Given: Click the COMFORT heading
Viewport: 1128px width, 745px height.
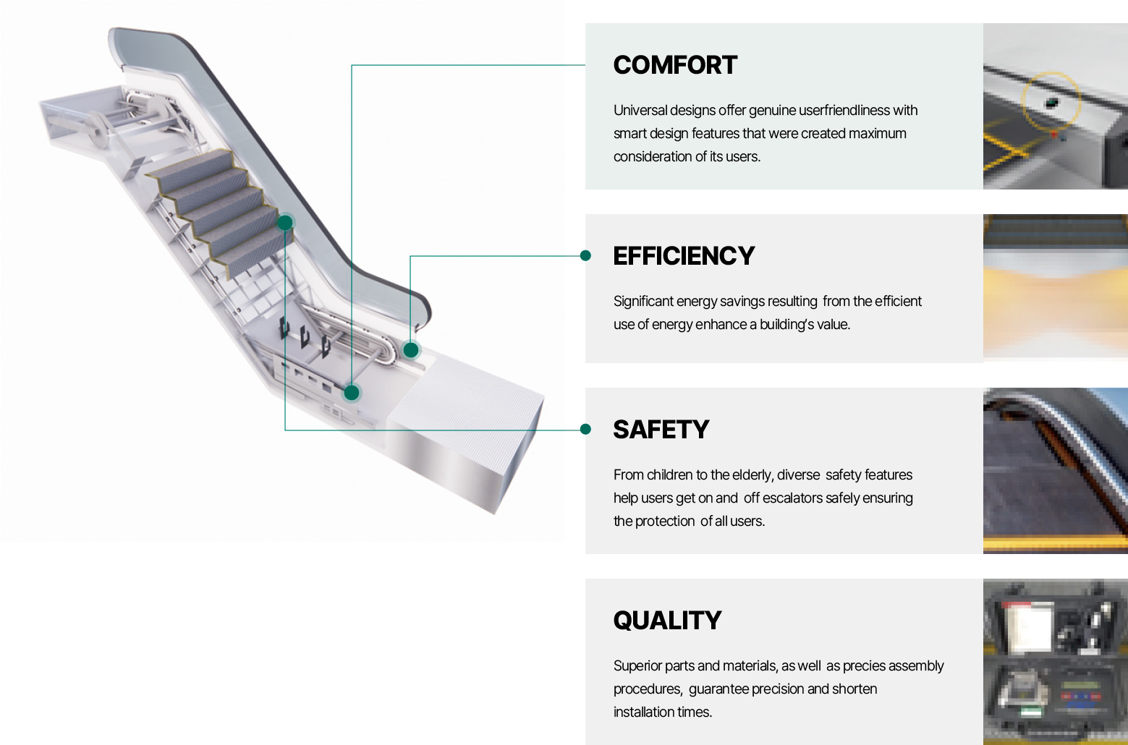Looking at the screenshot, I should pos(675,65).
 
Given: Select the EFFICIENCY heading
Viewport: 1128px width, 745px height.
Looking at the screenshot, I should pos(684,256).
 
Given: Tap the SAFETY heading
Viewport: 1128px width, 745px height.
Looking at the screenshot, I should pos(661,430).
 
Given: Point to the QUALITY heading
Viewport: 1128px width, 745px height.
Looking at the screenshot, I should pos(667,621).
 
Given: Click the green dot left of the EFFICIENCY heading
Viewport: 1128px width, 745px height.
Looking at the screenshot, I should pos(585,255).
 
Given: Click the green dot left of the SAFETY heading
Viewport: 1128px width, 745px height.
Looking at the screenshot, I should pos(585,430).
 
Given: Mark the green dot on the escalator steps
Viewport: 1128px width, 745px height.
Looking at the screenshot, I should pos(285,222).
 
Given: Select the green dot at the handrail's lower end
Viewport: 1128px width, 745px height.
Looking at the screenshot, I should pos(411,350).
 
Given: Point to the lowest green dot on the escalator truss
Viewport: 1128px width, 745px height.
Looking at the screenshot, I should pos(352,393).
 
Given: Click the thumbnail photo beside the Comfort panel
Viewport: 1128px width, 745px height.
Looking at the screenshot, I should pos(1055,106).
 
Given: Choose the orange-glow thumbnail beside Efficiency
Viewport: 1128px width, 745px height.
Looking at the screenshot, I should pos(1055,288).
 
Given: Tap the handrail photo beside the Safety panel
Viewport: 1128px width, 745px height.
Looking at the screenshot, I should pos(1055,471).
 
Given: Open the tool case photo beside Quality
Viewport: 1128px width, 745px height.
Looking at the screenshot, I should pos(1055,661).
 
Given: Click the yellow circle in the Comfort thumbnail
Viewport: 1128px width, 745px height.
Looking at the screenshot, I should pos(1051,101).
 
